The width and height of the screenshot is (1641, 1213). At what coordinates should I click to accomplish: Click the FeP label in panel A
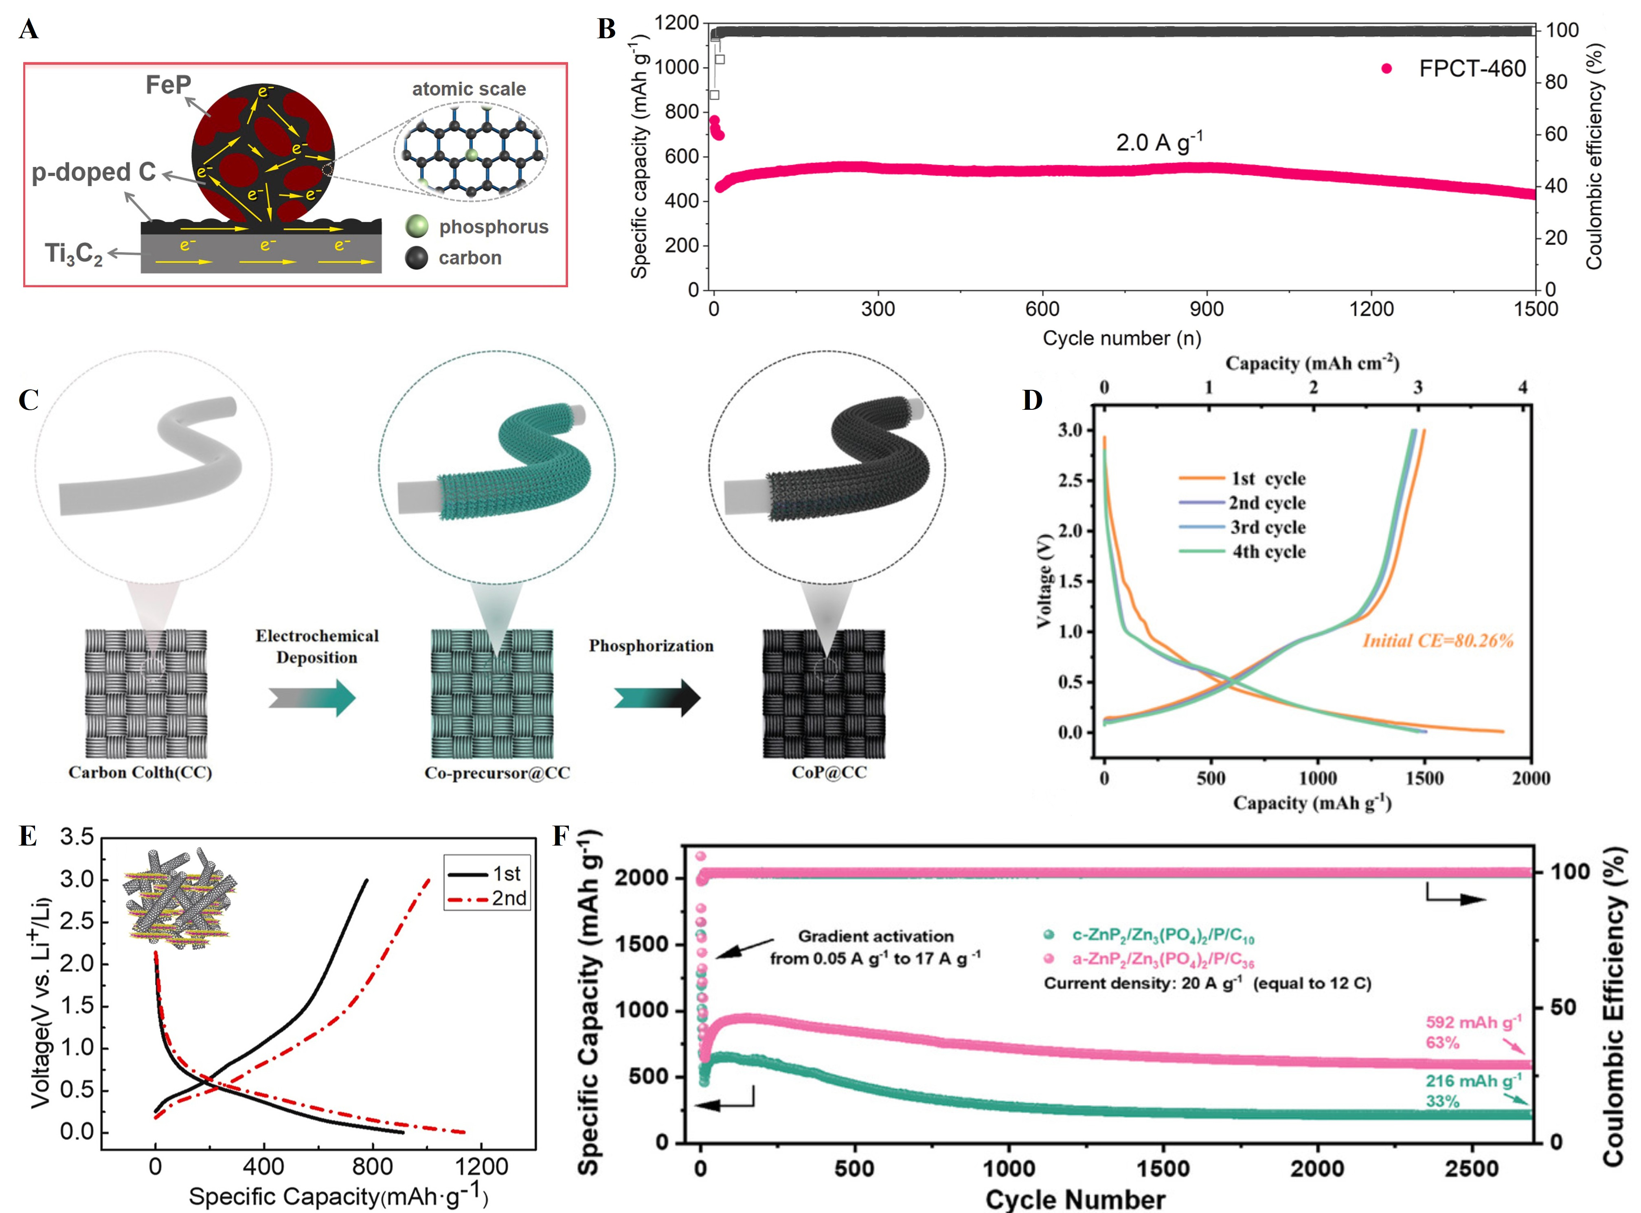168,85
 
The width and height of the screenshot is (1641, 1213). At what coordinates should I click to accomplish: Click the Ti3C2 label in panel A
73,254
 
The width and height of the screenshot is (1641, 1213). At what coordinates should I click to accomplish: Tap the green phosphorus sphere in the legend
417,226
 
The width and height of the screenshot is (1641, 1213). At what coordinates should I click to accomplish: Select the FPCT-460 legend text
1472,69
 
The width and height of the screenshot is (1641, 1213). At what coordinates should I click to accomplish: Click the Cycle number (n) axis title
1122,339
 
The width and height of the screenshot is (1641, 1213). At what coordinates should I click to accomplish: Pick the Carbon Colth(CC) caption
140,772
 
